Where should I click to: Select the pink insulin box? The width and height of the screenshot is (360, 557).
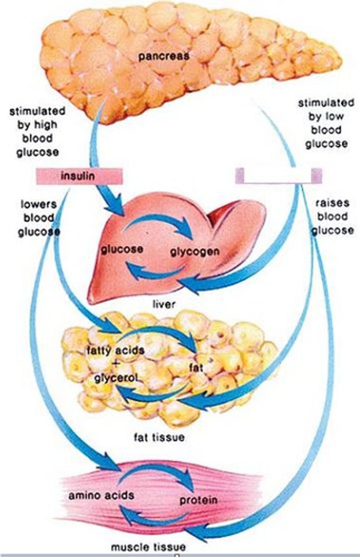coord(79,176)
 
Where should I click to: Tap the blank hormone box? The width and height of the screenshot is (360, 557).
coord(278,176)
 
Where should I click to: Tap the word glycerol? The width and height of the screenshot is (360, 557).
coord(115,377)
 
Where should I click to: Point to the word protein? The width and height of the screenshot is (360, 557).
coord(199,501)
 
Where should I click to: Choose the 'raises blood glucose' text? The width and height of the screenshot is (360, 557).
coord(332,217)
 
